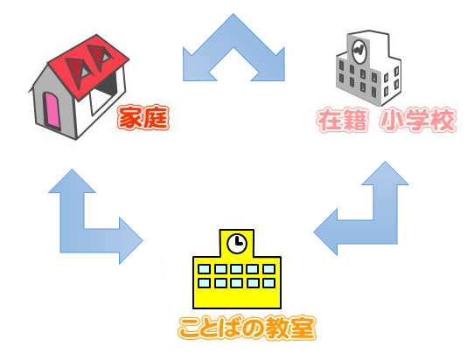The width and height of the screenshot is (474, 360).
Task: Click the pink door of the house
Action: [52, 109]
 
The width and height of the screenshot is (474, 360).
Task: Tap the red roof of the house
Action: [89, 65]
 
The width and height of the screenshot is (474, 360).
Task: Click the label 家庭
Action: [143, 117]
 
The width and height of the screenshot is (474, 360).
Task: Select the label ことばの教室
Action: [247, 328]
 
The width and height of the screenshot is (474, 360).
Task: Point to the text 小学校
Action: [417, 121]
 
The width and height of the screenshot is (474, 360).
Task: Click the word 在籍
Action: [342, 121]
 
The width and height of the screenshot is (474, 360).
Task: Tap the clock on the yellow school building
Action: [237, 243]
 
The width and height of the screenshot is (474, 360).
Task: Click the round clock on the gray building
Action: [359, 51]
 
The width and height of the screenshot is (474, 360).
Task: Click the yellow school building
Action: [237, 269]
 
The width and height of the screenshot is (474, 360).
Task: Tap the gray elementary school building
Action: [368, 68]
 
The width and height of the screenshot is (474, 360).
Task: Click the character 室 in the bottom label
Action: [303, 328]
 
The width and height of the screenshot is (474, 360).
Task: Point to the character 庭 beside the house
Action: [156, 118]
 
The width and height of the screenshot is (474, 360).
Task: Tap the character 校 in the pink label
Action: [443, 121]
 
